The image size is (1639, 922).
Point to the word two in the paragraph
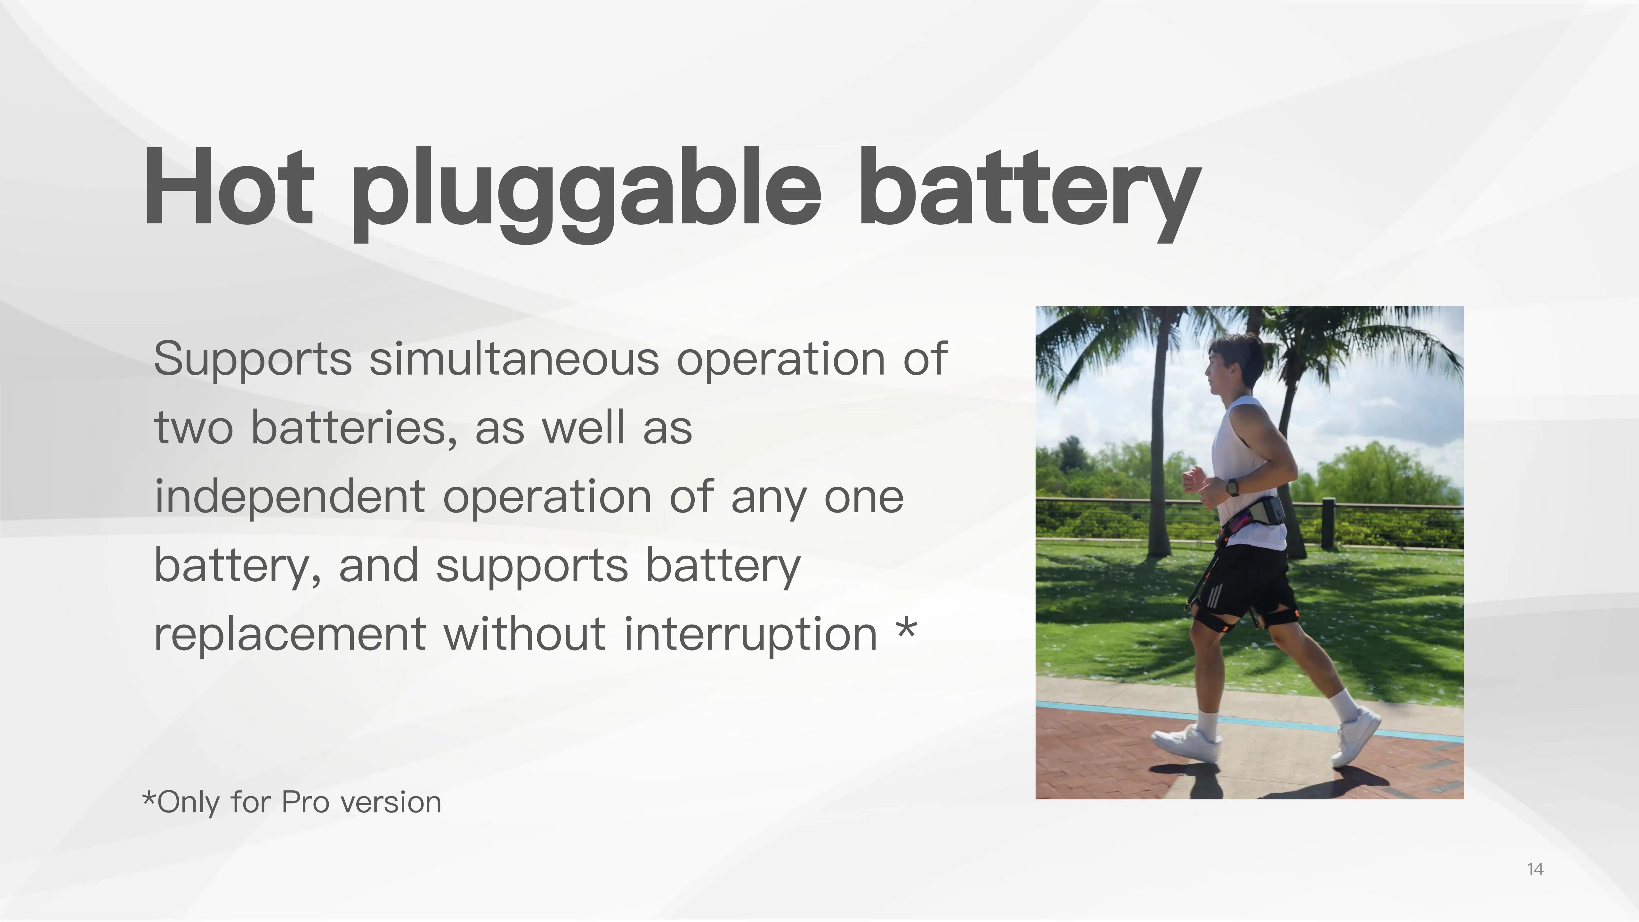point(194,428)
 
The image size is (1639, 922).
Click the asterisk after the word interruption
point(906,629)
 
